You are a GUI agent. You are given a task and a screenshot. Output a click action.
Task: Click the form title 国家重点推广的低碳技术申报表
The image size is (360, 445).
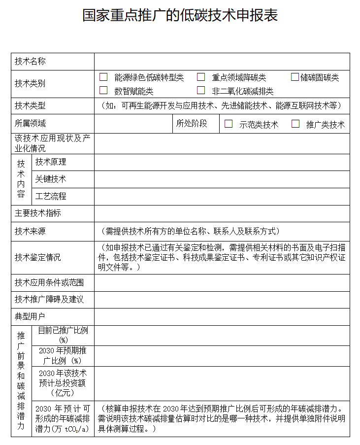point(180,15)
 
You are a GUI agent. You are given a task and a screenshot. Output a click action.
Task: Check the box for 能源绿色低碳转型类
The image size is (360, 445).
point(103,77)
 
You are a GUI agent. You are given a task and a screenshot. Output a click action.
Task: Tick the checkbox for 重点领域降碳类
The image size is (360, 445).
point(201,77)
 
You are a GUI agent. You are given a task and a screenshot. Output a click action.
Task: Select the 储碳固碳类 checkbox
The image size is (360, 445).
point(295,77)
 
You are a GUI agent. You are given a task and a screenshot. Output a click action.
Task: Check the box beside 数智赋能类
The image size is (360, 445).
point(103,90)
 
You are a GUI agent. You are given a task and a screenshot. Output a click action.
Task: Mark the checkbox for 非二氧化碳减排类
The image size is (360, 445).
point(201,90)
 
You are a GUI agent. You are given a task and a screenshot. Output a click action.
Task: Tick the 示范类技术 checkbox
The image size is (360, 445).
point(229,124)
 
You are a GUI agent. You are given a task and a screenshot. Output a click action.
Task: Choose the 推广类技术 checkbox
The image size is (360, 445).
point(295,124)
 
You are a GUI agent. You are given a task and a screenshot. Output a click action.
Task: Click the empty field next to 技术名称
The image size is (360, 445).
point(222,62)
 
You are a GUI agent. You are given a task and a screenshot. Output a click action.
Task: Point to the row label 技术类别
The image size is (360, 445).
point(30,83)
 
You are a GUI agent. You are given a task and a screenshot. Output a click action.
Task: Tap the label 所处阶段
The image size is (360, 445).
point(192,123)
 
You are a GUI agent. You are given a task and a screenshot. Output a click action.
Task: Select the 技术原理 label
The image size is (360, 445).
point(51,162)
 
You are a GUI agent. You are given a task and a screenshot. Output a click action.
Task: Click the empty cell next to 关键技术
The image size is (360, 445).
point(222,179)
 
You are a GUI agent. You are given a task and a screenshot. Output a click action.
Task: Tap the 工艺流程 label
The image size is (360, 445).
point(51,196)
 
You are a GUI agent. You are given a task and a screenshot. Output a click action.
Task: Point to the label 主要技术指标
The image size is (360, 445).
point(38,213)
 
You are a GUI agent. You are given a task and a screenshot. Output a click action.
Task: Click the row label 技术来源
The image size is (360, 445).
point(30,231)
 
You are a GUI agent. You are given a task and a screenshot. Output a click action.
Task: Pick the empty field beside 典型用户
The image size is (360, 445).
point(222,316)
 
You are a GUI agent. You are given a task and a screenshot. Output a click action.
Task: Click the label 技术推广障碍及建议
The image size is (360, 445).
point(49,300)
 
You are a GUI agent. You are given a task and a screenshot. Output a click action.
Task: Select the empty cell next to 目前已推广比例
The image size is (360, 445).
point(222,335)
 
